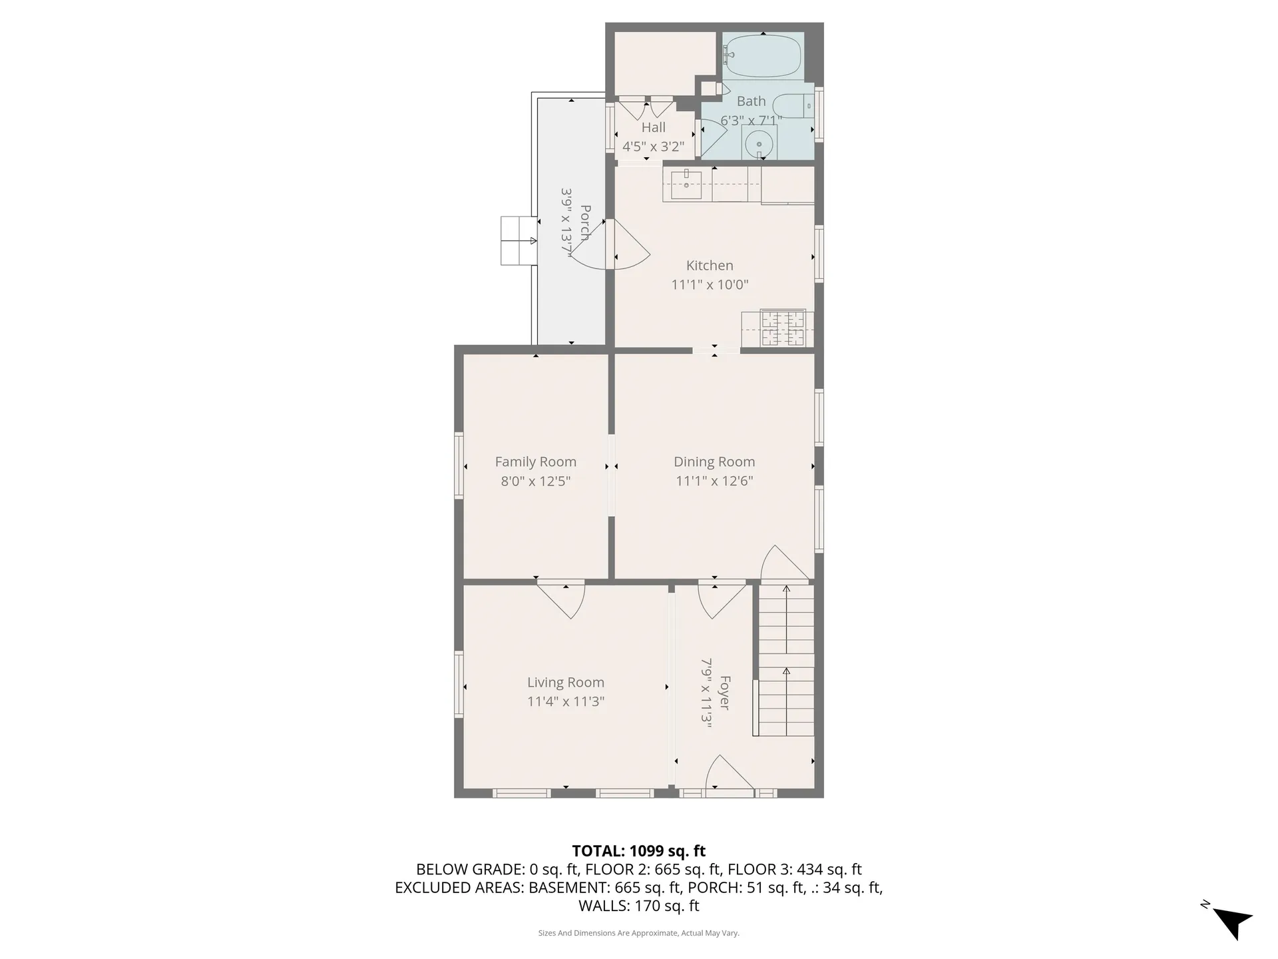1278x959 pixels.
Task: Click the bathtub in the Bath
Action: click(762, 57)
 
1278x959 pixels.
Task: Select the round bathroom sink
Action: click(758, 142)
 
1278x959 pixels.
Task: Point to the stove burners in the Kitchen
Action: click(783, 328)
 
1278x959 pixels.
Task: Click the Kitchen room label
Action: click(710, 266)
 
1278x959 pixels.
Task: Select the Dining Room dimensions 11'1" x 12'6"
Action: click(714, 481)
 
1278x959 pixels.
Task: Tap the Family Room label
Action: click(535, 462)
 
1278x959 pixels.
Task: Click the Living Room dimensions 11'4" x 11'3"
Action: click(566, 701)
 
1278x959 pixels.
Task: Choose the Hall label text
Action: click(653, 127)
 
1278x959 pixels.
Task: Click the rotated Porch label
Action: click(585, 223)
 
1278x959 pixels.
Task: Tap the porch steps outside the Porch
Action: click(519, 240)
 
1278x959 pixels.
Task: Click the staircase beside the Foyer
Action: click(786, 659)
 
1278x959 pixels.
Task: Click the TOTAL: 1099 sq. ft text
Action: click(638, 851)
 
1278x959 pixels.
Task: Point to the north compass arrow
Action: click(1233, 923)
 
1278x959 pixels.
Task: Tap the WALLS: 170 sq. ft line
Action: click(638, 906)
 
